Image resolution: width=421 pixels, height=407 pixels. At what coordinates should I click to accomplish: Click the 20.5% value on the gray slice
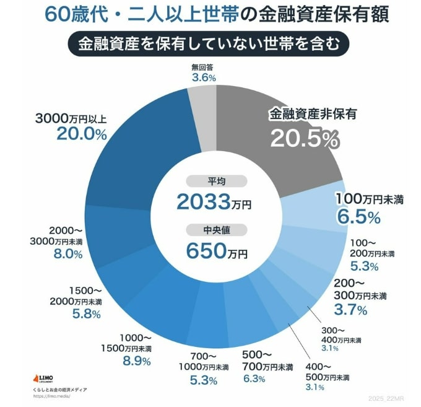pyautogui.click(x=304, y=139)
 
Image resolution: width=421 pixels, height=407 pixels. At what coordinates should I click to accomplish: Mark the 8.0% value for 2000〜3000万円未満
pyautogui.click(x=69, y=254)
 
